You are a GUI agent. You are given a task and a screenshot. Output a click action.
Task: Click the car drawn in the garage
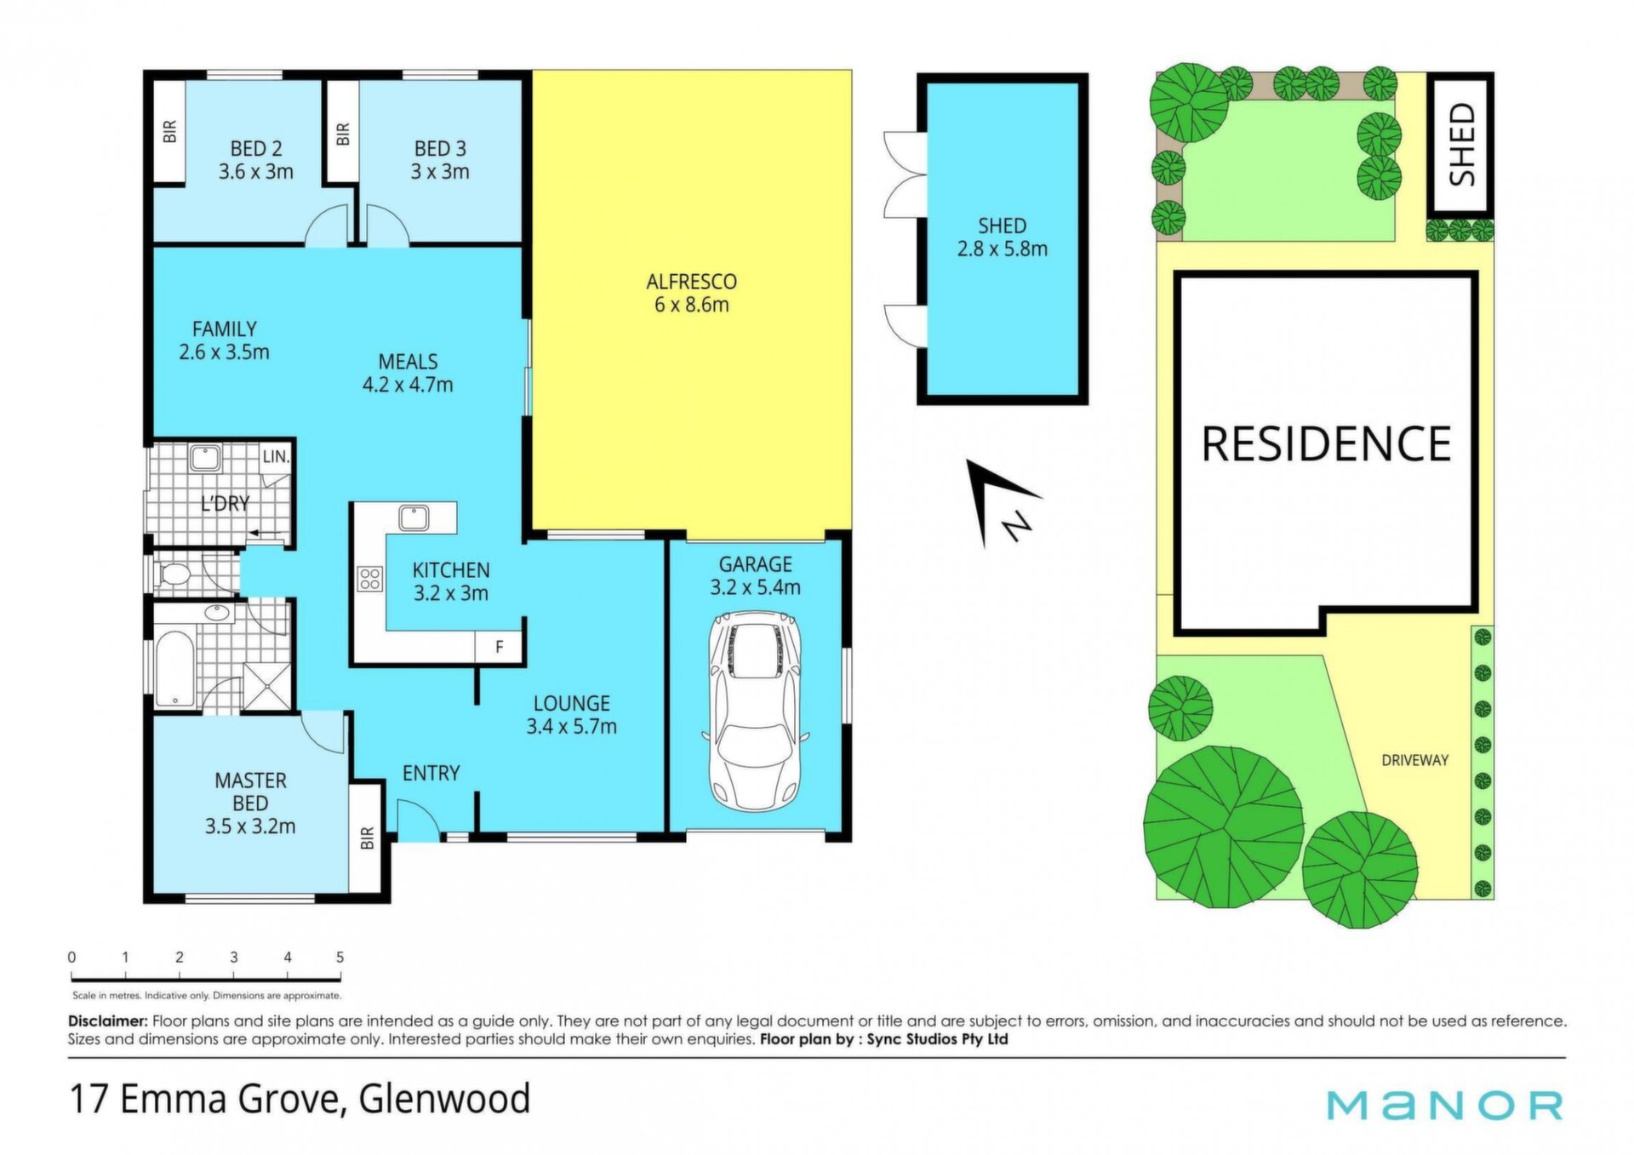point(755,712)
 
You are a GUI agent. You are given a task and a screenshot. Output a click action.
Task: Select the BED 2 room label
point(256,149)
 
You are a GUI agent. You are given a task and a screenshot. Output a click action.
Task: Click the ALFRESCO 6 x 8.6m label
point(692,293)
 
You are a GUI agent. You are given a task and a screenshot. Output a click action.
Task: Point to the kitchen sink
point(414,517)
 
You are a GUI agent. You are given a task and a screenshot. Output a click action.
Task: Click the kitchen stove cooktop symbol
point(370,580)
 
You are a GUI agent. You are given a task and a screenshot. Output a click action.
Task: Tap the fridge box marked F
point(500,648)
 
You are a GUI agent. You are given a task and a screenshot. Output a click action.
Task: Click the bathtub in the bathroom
point(175,669)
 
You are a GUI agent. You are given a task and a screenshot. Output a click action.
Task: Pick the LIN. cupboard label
point(276,457)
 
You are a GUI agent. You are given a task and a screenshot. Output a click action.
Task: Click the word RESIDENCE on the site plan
point(1326,444)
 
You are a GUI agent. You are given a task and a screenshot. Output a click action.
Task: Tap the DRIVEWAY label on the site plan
point(1415,760)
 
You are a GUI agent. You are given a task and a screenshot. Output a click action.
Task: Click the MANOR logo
point(1445,1105)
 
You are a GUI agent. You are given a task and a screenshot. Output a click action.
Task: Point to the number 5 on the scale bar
point(340,958)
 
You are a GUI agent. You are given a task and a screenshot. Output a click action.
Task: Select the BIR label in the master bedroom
point(367,838)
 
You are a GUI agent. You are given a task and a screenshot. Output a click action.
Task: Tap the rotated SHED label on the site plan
point(1462,144)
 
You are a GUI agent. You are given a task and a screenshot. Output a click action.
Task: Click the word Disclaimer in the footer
point(108,1021)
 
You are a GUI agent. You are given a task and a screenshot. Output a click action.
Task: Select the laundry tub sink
point(205,458)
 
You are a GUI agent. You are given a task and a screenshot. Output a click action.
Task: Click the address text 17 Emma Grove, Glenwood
point(300,1099)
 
